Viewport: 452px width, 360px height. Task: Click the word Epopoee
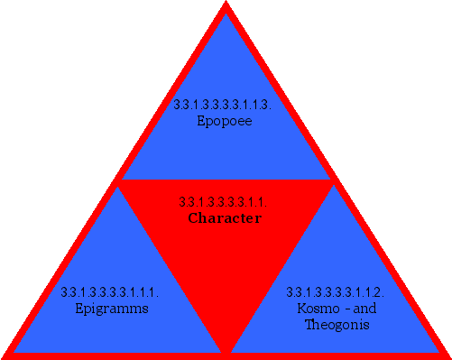pyautogui.click(x=224, y=120)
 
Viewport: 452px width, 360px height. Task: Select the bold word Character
pyautogui.click(x=225, y=218)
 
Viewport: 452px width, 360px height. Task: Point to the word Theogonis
pyautogui.click(x=336, y=324)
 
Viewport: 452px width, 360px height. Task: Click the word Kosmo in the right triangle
pyautogui.click(x=316, y=309)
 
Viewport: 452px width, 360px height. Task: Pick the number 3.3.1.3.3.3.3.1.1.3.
pyautogui.click(x=223, y=105)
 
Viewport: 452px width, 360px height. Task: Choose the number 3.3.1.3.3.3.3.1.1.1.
pyautogui.click(x=110, y=292)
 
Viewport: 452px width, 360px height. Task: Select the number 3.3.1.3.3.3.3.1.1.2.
pyautogui.click(x=336, y=292)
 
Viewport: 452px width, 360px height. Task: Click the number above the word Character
pyautogui.click(x=223, y=202)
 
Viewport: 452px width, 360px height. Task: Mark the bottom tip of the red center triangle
pyautogui.click(x=226, y=350)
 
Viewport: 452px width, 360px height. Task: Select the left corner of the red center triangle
pyautogui.click(x=120, y=181)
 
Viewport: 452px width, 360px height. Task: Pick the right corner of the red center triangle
pyautogui.click(x=332, y=181)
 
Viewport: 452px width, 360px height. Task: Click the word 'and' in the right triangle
pyautogui.click(x=364, y=309)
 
